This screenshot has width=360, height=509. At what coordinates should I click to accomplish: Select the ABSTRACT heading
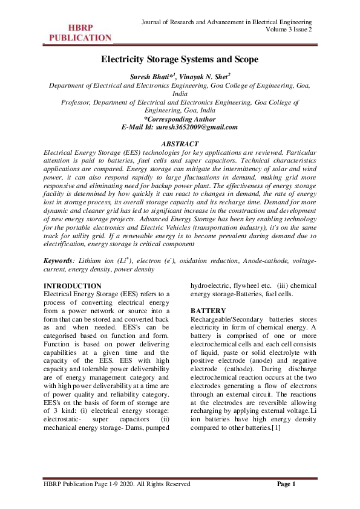pos(180,144)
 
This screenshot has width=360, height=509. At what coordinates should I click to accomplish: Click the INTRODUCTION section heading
pos(73,285)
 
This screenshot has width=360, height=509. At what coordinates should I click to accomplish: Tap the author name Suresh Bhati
pos(150,77)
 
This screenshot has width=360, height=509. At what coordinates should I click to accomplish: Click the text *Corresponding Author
pos(180,120)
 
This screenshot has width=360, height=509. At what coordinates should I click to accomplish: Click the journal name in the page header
pos(226,22)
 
